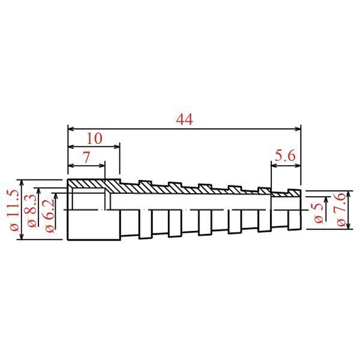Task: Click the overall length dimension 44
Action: (x=184, y=119)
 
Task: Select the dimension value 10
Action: (x=94, y=139)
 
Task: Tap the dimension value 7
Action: (x=86, y=157)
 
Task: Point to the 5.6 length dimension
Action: (x=285, y=156)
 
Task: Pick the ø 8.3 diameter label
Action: (x=32, y=211)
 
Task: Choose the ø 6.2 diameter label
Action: (x=50, y=215)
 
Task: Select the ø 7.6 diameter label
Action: (x=341, y=209)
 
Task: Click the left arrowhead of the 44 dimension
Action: (x=71, y=129)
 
